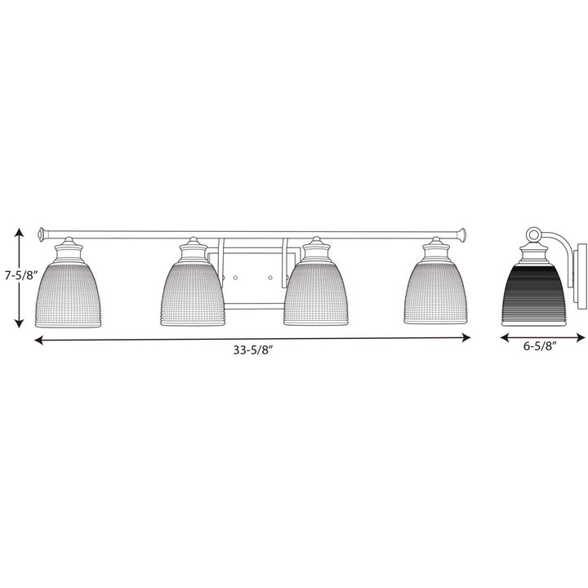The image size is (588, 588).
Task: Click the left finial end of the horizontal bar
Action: pyautogui.click(x=42, y=229)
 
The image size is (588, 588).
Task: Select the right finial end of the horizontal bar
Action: pyautogui.click(x=463, y=229)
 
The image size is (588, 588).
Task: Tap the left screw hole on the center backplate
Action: pyautogui.click(x=235, y=278)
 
